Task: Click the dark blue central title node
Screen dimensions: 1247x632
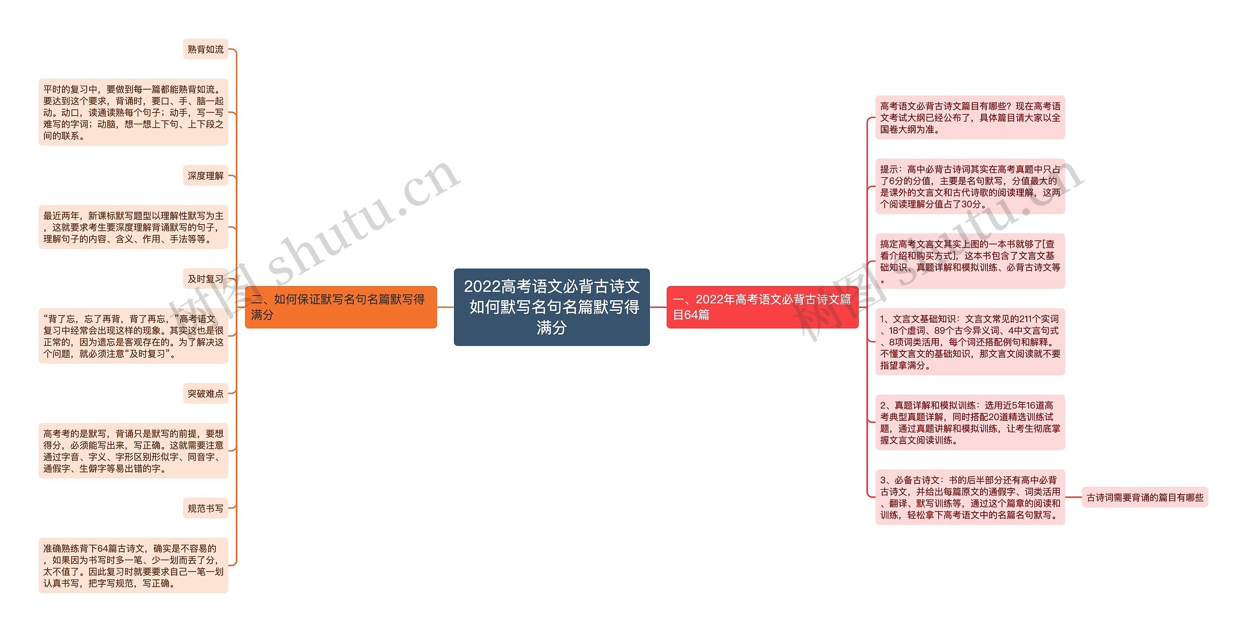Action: pos(551,307)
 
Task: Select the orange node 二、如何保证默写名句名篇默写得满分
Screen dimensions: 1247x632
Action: pos(340,307)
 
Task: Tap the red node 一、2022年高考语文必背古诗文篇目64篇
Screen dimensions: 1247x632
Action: pos(762,307)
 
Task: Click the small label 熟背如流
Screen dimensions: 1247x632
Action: pos(206,49)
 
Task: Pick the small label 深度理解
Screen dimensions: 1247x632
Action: pos(206,175)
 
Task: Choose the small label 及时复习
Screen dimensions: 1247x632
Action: pos(206,279)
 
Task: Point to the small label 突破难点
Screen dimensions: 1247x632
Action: pos(206,393)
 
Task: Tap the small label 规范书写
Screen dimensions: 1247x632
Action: pos(206,508)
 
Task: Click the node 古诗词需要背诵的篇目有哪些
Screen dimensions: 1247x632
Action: pos(1145,498)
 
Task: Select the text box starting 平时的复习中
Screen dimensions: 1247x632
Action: pos(133,112)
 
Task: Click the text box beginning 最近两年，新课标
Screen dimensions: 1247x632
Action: pos(133,227)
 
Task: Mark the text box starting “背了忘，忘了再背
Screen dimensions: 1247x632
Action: pos(133,336)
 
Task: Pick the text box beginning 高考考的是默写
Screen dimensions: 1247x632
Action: pos(133,451)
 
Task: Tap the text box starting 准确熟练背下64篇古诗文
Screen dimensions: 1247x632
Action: pos(133,565)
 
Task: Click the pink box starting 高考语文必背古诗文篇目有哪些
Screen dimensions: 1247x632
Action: pos(970,117)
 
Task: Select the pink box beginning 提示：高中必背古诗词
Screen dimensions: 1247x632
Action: pos(970,186)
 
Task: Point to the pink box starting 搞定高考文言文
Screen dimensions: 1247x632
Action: pos(970,261)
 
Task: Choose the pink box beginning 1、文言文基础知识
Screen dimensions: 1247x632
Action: pos(970,342)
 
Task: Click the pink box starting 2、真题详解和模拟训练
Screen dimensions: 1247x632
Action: pos(970,422)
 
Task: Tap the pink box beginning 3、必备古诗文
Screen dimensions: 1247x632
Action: pos(970,497)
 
